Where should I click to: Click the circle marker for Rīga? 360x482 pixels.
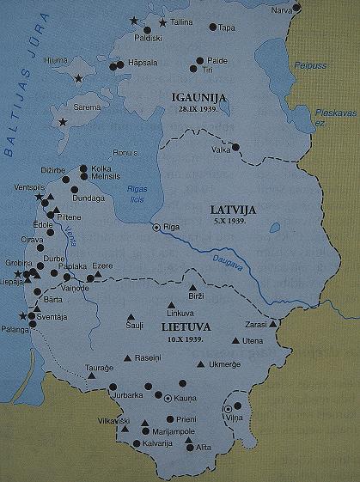tap(156, 229)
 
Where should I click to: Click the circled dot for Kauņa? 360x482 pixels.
tap(167, 399)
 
